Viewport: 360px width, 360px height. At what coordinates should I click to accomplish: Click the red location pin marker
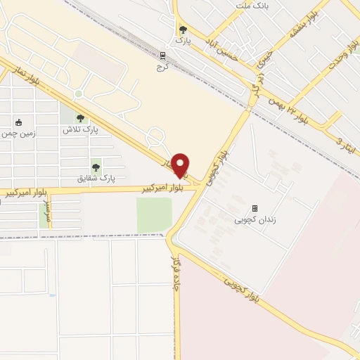[181, 165]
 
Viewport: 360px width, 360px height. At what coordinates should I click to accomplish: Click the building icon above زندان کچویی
[255, 209]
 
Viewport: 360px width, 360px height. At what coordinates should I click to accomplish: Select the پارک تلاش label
[80, 130]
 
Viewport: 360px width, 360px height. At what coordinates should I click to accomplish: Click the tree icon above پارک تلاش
[80, 119]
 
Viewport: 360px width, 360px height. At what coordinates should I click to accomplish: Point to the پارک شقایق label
[96, 179]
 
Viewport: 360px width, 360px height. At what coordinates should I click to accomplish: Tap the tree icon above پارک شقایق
[96, 167]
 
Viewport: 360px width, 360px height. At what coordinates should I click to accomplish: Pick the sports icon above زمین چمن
[18, 121]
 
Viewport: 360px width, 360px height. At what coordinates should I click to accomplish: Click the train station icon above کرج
[163, 56]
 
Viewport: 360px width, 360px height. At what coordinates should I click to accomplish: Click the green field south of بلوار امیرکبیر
[154, 214]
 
